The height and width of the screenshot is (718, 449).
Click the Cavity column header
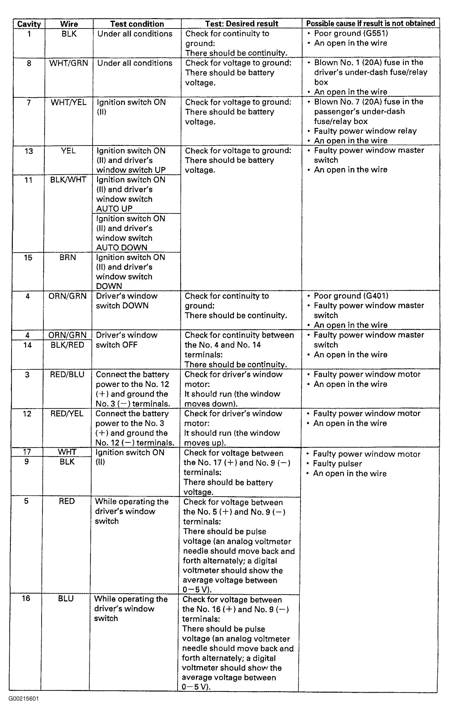tap(29, 24)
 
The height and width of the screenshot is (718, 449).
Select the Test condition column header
tap(137, 24)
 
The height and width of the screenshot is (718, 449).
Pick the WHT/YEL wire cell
tap(69, 102)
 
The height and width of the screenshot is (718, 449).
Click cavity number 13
tap(28, 151)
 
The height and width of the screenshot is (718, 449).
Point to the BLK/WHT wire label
tap(68, 180)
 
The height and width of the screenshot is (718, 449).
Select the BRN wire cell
tap(68, 257)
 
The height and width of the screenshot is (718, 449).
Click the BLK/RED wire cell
tap(67, 345)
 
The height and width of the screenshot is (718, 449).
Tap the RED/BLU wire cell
tap(67, 374)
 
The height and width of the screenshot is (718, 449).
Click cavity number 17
tap(27, 452)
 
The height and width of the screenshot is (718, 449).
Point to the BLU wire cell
tap(66, 598)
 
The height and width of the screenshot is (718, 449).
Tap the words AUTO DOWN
tap(122, 248)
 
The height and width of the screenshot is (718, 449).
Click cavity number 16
tap(26, 598)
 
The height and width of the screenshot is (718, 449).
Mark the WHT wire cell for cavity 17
tap(67, 452)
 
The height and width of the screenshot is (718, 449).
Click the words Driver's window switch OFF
tap(126, 340)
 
